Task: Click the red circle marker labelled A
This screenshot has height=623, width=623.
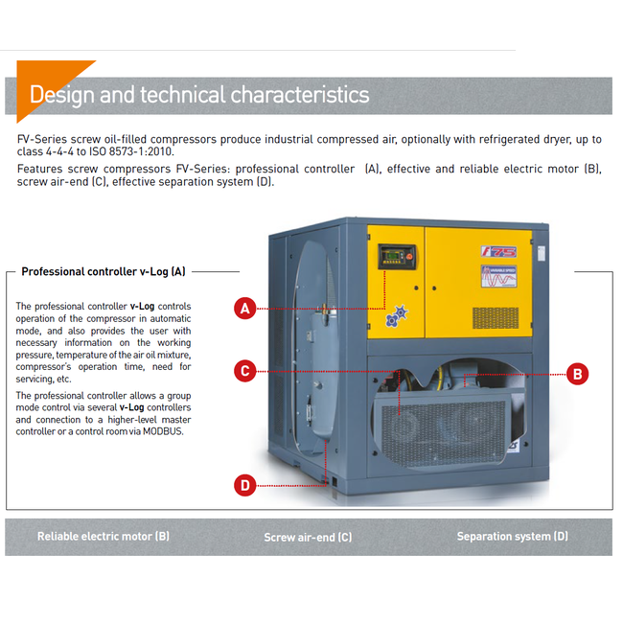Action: [x=246, y=309]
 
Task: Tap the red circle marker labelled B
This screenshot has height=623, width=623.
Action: [x=577, y=374]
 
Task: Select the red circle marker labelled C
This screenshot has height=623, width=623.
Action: [x=246, y=370]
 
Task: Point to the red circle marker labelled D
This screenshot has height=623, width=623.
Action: [x=246, y=485]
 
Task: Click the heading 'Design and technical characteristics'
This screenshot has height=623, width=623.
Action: [x=199, y=95]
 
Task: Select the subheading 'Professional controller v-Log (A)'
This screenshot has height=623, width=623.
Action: [x=104, y=272]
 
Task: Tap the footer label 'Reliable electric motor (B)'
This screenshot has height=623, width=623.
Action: [x=104, y=537]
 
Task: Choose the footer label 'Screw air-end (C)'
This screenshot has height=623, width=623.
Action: [x=308, y=538]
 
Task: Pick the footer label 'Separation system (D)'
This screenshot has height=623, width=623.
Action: [x=512, y=537]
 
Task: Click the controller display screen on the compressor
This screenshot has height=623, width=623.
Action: [x=393, y=256]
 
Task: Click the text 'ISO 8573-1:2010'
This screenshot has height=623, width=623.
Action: [x=133, y=152]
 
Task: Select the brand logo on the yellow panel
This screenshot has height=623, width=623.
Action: [x=498, y=251]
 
